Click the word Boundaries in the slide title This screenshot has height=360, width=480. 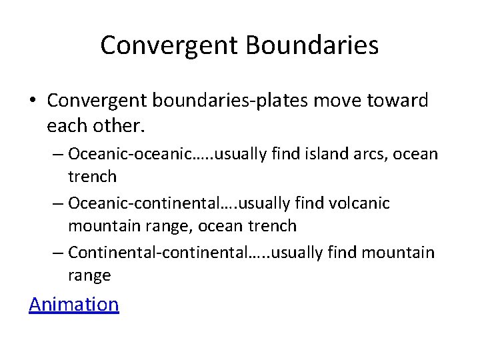[312, 45]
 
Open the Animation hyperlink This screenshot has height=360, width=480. [73, 304]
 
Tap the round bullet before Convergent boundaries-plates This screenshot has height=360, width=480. [33, 101]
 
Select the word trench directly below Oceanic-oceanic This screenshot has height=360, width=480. [92, 177]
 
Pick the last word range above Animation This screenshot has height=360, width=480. [89, 275]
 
